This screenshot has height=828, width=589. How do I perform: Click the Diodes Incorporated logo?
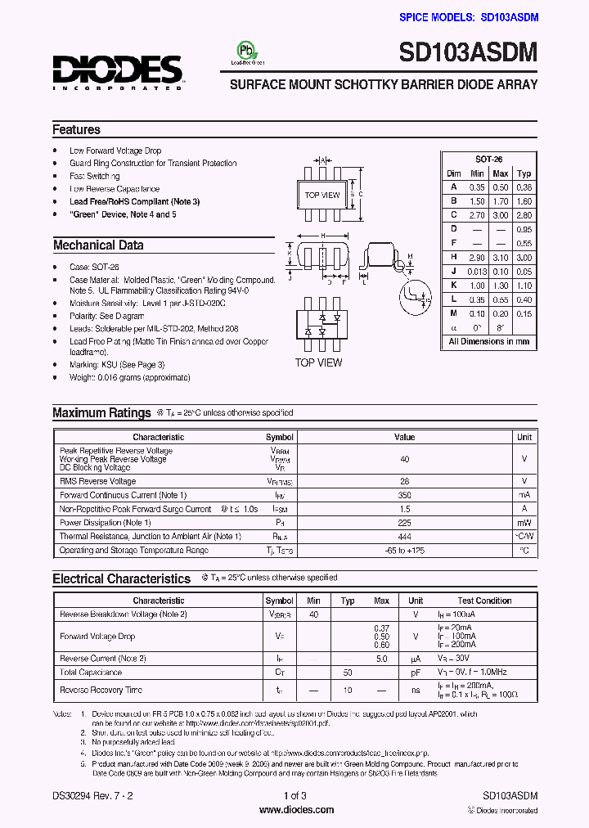tap(118, 71)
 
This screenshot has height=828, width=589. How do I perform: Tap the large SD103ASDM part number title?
tap(468, 54)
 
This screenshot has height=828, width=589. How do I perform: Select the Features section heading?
tap(76, 129)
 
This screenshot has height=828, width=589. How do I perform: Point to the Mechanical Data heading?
tap(98, 245)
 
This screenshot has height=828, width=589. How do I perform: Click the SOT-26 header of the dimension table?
tap(488, 160)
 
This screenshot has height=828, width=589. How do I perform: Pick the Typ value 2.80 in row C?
tap(524, 214)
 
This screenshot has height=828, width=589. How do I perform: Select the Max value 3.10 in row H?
tap(501, 257)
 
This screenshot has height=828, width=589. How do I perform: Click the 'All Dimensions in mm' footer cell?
tap(488, 341)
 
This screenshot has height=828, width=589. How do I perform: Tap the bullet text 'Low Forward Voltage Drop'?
tap(115, 151)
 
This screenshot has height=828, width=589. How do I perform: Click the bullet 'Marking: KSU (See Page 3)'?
tap(117, 365)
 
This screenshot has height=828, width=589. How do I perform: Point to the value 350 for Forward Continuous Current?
tap(404, 495)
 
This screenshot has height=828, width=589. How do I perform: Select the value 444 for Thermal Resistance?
tap(404, 536)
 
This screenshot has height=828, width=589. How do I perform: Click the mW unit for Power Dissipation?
tap(524, 523)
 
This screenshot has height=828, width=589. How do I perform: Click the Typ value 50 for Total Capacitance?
tap(348, 672)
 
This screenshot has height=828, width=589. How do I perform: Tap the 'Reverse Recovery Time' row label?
tap(101, 690)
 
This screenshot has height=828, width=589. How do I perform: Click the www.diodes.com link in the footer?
tap(296, 810)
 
